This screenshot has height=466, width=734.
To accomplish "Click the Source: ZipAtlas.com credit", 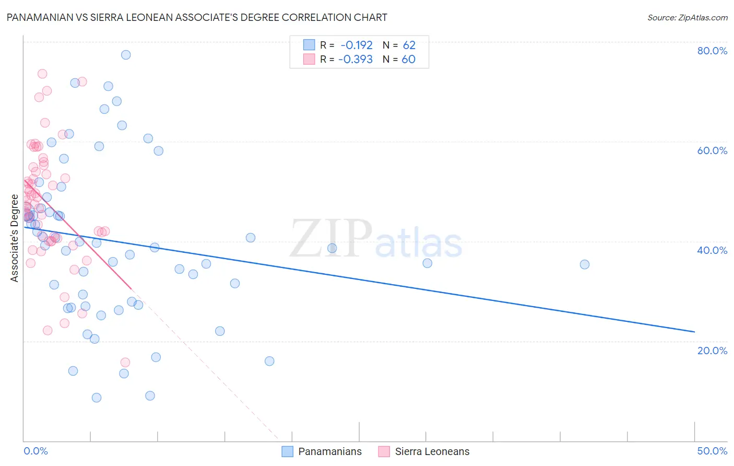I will click(687, 17).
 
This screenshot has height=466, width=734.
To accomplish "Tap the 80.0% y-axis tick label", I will click(712, 51).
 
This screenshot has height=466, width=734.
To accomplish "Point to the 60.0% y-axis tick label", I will click(712, 150).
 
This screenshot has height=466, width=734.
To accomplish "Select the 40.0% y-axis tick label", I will click(712, 250).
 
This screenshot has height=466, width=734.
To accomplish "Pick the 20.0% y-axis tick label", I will click(712, 351).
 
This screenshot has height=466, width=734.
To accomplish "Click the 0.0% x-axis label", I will click(35, 451).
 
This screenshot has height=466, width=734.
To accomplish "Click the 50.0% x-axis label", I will click(712, 451).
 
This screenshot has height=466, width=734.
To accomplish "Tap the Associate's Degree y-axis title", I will click(15, 238).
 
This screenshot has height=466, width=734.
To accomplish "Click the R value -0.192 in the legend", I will click(357, 45).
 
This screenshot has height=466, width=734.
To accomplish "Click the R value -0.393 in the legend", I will click(356, 59).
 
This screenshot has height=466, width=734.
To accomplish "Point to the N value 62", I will click(409, 45).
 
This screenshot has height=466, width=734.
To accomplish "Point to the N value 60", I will click(408, 59).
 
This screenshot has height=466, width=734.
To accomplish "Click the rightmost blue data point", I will click(585, 264).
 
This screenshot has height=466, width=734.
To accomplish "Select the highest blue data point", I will click(126, 55).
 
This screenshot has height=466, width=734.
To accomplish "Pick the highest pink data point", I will click(42, 74).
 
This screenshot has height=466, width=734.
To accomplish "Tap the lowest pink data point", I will click(125, 363).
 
